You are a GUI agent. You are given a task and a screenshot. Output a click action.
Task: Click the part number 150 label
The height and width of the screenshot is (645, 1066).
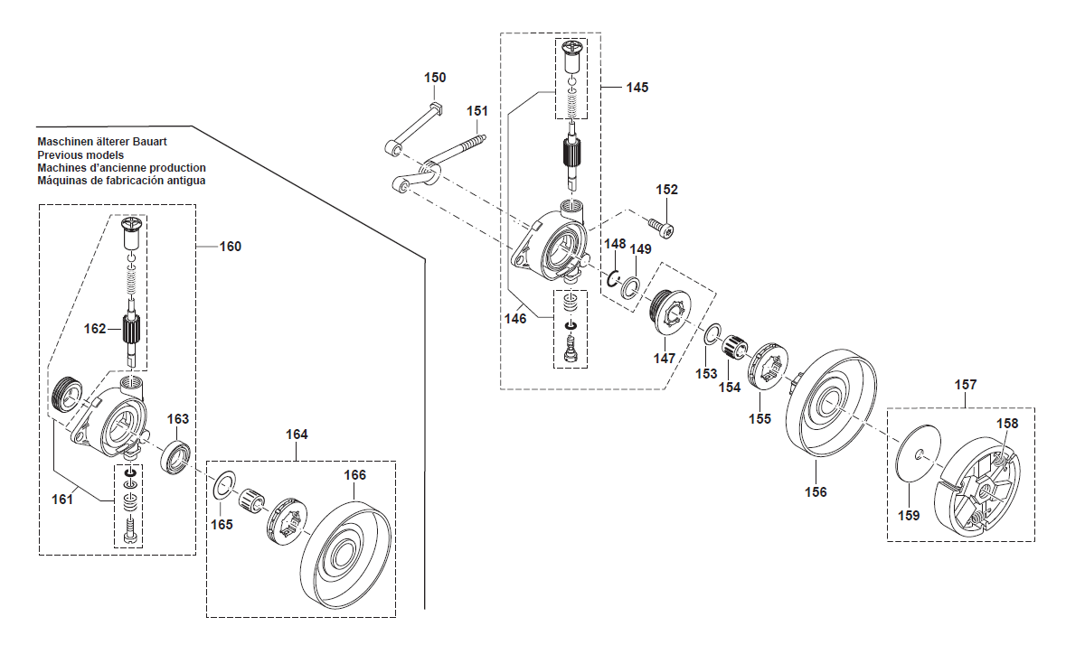435,78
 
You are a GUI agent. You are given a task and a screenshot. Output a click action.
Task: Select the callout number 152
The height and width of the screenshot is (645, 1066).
666,190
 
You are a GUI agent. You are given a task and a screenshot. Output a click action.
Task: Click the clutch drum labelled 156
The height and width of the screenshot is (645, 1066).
832,403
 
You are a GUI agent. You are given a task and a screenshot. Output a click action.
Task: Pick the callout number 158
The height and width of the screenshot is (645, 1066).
1007,423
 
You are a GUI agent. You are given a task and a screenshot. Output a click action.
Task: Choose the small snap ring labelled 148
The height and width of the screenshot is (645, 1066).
612,277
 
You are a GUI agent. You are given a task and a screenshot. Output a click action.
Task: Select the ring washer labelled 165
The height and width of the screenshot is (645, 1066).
223,486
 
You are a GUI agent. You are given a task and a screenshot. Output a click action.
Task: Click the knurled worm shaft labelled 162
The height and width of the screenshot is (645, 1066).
134,331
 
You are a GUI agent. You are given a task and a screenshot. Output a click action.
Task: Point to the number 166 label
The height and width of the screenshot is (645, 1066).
354,475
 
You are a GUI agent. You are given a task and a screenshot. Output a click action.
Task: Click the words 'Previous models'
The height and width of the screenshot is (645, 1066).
80,155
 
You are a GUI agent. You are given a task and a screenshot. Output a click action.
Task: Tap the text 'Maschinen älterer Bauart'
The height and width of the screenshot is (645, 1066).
102,143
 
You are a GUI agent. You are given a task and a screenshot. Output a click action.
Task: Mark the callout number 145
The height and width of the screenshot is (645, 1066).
637,88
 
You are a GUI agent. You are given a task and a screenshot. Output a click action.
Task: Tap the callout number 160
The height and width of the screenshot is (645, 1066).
231,247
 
